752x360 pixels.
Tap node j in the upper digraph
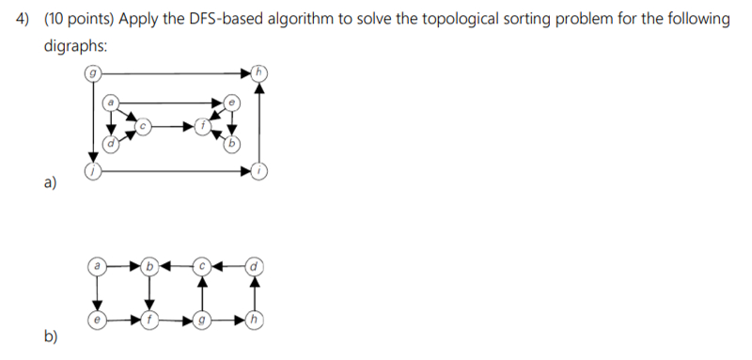coord(92,172)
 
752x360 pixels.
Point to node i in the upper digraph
coord(260,172)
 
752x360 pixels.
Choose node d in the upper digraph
coord(111,144)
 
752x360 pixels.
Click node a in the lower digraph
coord(96,266)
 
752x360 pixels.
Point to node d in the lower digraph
coord(252,266)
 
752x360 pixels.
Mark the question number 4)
coord(27,21)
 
